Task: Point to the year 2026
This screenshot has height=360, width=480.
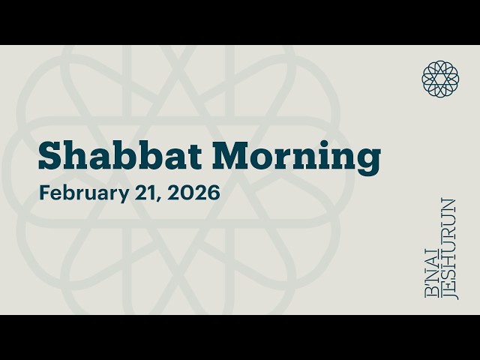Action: tap(195, 193)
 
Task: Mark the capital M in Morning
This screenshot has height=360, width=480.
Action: tap(229, 156)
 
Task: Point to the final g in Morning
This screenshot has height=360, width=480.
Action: tap(368, 160)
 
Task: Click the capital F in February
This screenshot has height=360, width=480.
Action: tap(43, 193)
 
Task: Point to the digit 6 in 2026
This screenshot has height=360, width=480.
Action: tap(214, 193)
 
